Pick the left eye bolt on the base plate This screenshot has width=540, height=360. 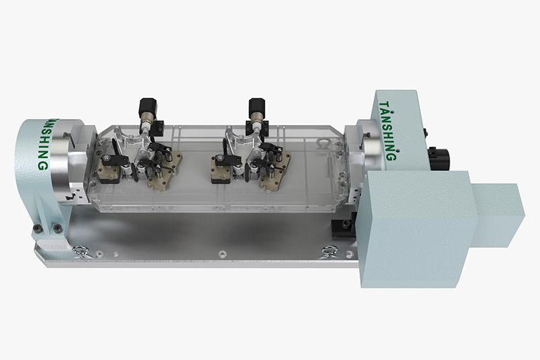coord(80,251)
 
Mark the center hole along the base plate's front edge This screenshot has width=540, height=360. coord(222,255)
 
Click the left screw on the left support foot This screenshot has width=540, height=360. coord(37,227)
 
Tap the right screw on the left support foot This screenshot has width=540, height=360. coord(57,228)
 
